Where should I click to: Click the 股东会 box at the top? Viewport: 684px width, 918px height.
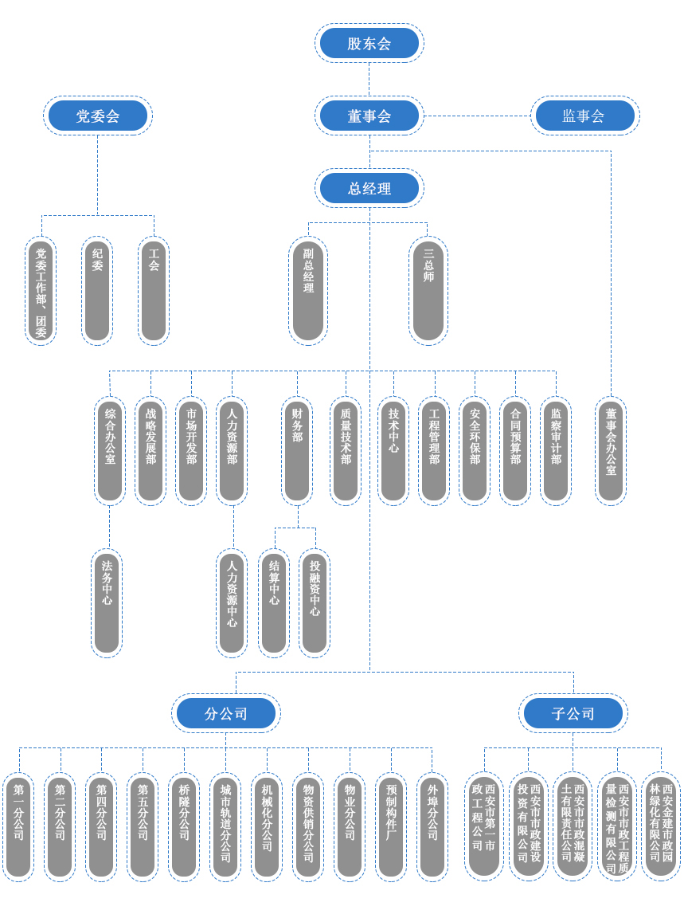click(369, 43)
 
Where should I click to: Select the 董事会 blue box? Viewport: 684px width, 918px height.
click(369, 116)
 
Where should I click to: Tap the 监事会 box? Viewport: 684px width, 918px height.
click(585, 116)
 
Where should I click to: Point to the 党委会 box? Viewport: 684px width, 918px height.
click(98, 116)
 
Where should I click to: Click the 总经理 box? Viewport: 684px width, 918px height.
click(369, 188)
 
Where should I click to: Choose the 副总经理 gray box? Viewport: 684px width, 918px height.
click(308, 291)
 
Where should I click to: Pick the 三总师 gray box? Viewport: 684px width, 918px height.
click(428, 291)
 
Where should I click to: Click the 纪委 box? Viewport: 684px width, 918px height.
click(97, 291)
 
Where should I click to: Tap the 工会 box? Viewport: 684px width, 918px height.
click(154, 291)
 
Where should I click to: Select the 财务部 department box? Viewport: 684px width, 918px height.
click(297, 451)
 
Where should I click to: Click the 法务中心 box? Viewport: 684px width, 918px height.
click(107, 603)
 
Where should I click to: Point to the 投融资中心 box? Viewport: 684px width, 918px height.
click(315, 603)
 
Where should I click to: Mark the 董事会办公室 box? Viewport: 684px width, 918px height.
click(611, 451)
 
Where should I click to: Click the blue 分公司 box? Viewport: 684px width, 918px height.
click(226, 713)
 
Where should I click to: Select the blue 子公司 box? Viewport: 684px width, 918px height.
click(573, 713)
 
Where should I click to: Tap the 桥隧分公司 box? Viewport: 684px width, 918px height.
click(184, 827)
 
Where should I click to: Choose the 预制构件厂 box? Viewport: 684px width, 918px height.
click(391, 827)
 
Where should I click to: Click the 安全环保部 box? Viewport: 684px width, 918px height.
click(475, 451)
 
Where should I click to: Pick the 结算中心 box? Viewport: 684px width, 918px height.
click(274, 603)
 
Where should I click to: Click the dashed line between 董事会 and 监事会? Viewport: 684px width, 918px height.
click(477, 116)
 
